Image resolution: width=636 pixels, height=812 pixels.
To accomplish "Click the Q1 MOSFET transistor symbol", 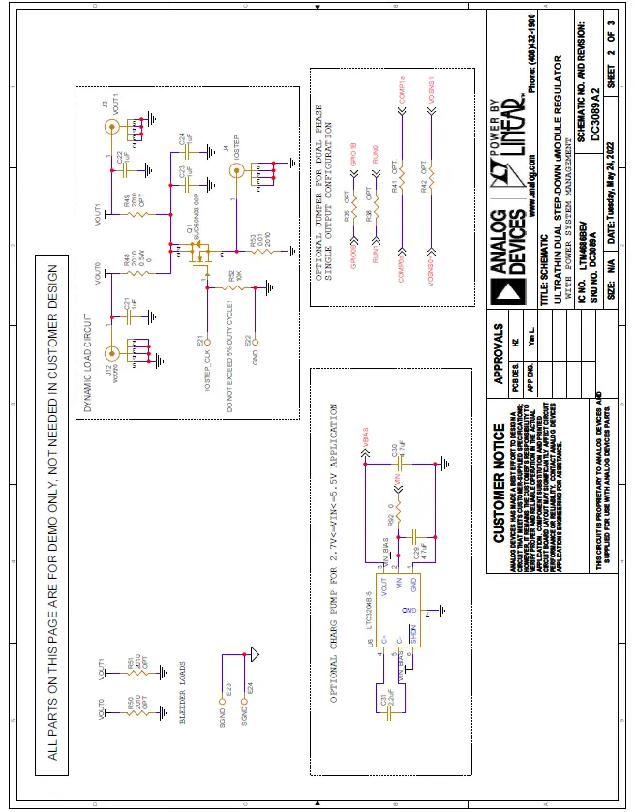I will [x=200, y=254].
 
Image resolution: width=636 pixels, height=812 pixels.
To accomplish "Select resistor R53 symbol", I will [x=259, y=251].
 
